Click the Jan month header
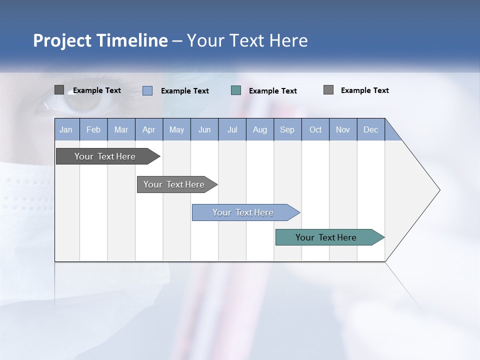[66, 129]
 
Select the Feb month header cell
[93, 129]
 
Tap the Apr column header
[148, 129]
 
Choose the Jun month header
[204, 129]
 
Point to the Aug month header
[259, 129]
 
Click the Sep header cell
[287, 129]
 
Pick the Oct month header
[315, 129]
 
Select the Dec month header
[370, 129]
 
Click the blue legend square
[147, 90]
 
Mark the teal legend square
[236, 90]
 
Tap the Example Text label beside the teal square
[272, 90]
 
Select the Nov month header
[343, 129]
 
